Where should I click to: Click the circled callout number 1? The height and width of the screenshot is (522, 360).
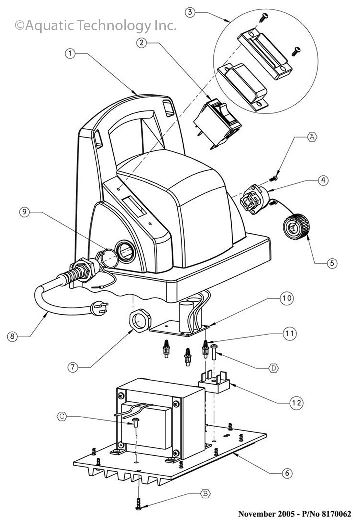coord(70,53)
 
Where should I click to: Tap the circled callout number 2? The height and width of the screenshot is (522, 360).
coord(142,42)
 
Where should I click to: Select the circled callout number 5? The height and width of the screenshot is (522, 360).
coord(332,263)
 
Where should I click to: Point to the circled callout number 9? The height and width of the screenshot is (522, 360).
coord(24,212)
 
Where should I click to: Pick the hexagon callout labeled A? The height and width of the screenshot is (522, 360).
coord(311,137)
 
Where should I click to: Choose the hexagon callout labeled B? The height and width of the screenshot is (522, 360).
coord(206,493)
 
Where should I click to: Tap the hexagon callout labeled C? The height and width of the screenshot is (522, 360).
coord(62,416)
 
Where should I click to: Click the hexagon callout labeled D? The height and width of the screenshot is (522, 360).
coord(273,368)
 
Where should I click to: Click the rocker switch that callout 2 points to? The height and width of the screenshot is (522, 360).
coord(217,123)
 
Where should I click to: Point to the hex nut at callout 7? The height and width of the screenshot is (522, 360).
coord(140,320)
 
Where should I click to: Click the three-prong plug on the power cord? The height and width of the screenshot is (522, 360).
coord(99,308)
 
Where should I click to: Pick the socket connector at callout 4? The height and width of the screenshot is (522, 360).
coord(255,199)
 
